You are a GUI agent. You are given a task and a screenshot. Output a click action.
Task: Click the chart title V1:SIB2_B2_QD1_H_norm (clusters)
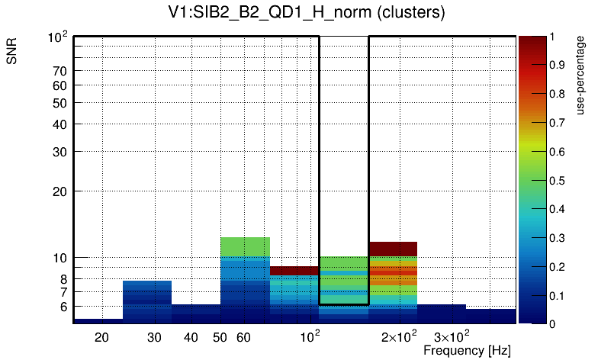[x=307, y=13]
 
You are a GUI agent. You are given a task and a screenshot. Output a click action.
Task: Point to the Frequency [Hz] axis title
[x=467, y=351]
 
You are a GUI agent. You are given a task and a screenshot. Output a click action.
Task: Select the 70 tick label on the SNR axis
[x=60, y=71]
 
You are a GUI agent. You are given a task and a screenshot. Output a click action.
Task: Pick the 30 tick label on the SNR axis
[x=60, y=151]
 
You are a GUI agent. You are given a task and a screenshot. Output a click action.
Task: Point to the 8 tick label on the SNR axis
[x=64, y=279]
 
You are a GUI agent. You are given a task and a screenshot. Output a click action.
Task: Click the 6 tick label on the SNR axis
[x=64, y=307]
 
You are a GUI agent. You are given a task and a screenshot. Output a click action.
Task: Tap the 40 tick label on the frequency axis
[x=191, y=337]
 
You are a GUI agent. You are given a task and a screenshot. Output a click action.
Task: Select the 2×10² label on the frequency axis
[x=399, y=336]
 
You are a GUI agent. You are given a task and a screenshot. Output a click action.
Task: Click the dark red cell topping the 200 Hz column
[x=393, y=248]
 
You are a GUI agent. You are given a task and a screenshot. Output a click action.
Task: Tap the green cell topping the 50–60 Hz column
[x=245, y=246]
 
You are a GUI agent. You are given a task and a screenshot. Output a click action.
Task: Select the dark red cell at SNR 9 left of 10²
[x=294, y=271]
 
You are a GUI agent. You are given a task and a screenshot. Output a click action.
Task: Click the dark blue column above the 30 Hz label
[x=147, y=301]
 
